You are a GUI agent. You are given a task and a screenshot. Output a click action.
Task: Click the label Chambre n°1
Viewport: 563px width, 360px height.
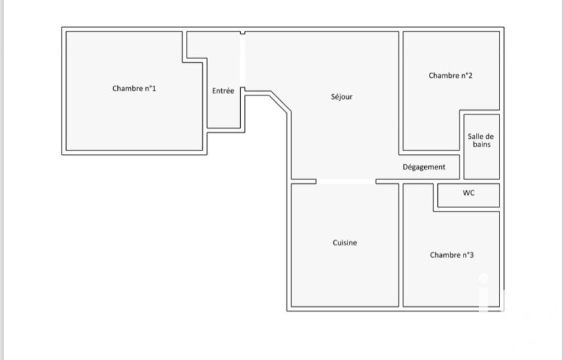(x=134, y=88)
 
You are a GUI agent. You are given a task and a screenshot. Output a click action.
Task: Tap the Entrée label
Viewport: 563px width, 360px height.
(x=223, y=91)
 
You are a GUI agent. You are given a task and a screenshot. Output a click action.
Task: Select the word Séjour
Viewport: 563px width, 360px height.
(x=342, y=97)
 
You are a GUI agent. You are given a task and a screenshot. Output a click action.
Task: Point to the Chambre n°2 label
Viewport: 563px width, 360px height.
(x=450, y=75)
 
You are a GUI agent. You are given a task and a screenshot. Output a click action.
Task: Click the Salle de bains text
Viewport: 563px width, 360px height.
(x=481, y=140)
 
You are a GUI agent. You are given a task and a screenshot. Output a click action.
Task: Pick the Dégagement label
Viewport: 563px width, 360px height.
(x=424, y=167)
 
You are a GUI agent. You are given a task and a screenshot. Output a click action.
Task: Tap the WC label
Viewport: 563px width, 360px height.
(x=469, y=193)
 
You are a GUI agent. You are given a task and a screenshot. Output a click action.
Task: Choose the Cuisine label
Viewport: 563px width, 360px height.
(x=344, y=243)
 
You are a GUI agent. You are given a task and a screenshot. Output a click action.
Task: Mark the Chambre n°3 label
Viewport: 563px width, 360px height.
(x=452, y=255)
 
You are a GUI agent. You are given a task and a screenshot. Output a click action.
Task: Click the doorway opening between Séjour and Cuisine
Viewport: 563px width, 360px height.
(x=346, y=181)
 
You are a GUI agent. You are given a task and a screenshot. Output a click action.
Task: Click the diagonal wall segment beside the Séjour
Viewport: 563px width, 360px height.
(x=280, y=103)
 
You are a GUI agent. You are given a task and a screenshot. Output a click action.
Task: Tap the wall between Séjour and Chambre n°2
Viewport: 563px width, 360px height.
(x=401, y=92)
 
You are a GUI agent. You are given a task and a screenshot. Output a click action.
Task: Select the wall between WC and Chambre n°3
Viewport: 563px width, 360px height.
(x=466, y=209)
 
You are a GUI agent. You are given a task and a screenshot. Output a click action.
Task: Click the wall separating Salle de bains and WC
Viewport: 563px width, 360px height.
(x=482, y=181)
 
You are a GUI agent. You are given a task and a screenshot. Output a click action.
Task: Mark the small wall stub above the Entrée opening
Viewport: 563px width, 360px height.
(x=242, y=32)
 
